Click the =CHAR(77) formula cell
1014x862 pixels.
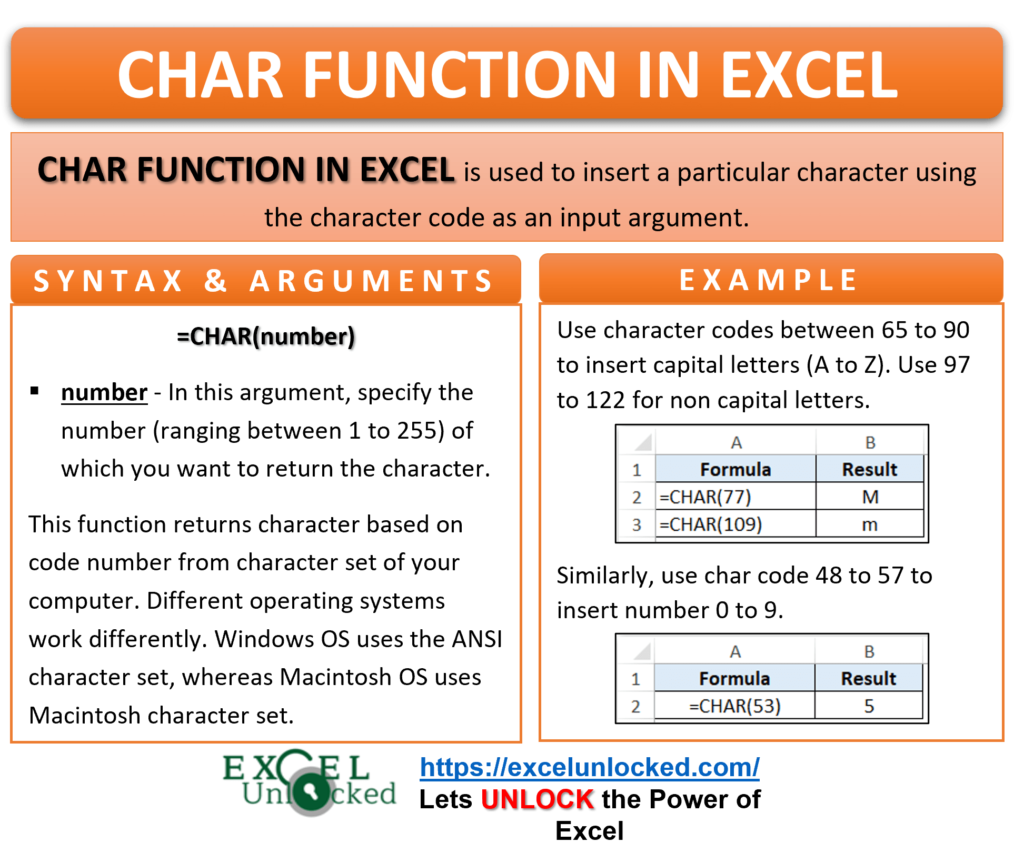735,497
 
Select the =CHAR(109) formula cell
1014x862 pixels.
735,524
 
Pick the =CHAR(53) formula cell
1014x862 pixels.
734,706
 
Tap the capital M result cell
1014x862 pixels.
870,497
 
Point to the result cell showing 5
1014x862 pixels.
869,706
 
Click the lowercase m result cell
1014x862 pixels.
870,524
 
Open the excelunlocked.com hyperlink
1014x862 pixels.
590,767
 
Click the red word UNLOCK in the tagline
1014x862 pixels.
538,799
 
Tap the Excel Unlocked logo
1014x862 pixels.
310,782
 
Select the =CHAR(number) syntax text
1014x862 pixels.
266,336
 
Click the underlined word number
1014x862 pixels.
104,393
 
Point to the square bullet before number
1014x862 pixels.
35,391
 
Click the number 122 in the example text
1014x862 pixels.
605,400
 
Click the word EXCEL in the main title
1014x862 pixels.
809,75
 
